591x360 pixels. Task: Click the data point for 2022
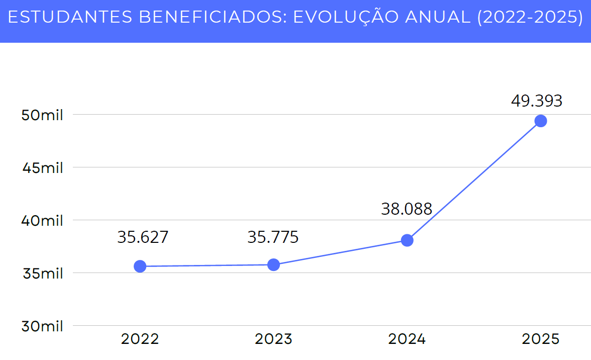coord(140,266)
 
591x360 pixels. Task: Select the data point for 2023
coord(273,264)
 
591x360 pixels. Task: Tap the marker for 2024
coord(407,240)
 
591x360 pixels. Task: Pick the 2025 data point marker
coord(541,121)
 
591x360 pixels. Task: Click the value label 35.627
coord(143,237)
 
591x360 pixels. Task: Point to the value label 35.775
coord(273,237)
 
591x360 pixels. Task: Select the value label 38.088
coord(407,209)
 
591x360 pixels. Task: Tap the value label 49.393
coord(537,101)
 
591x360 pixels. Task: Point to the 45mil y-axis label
coord(42,168)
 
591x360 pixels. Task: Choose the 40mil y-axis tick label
coord(42,221)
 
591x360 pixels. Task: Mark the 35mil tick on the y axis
coord(42,274)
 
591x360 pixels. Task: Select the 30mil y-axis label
coord(42,326)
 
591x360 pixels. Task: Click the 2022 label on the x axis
coord(140,339)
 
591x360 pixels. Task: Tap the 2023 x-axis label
coord(273,339)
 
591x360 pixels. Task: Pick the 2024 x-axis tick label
coord(407,339)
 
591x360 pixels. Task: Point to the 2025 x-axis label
coord(541,339)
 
